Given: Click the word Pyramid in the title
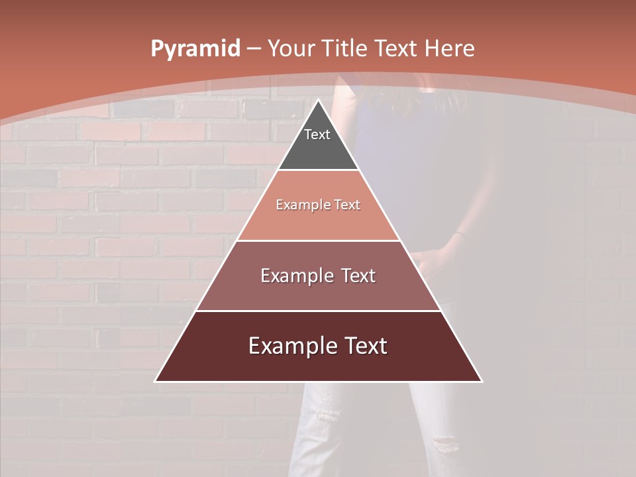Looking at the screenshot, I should [195, 49].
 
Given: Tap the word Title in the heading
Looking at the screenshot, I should [345, 48].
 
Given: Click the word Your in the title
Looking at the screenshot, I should [292, 48].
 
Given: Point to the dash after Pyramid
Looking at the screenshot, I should [254, 49].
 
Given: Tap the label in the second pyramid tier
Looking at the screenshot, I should [318, 205].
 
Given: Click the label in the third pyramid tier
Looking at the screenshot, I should [318, 276].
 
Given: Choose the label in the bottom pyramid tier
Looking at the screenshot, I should [318, 346].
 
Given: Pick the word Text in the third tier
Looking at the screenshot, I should [358, 276].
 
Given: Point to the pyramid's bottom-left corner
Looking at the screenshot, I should [156, 381].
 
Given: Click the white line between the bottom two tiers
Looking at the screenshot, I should [318, 311].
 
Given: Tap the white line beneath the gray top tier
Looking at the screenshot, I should [318, 170].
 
